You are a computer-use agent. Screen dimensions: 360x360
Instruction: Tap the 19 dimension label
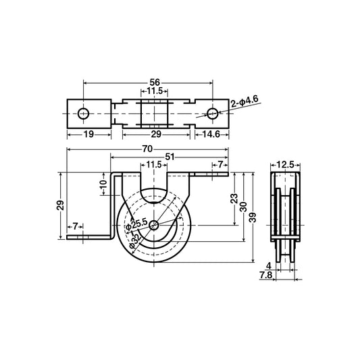(88, 134)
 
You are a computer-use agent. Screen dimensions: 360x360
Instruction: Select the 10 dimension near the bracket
(102, 183)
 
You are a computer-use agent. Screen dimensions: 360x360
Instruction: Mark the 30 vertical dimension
(242, 207)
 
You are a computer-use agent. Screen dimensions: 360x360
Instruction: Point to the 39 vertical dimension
(253, 216)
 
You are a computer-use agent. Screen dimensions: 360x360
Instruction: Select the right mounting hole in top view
(212, 113)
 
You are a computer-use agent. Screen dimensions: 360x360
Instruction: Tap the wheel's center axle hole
(155, 225)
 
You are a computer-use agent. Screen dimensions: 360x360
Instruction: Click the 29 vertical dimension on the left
(60, 205)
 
